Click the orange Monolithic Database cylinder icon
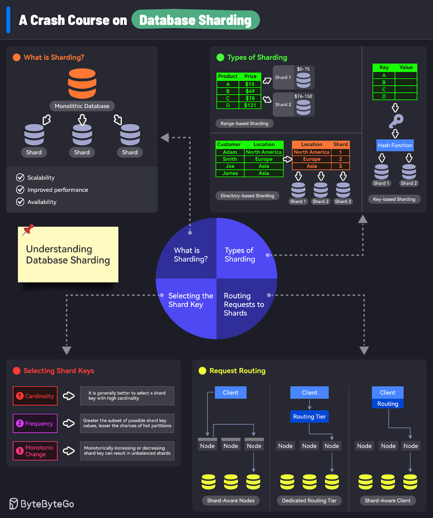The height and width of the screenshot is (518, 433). coord(82,84)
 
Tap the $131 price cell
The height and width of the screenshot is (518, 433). coord(250,105)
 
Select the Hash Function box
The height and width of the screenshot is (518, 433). coord(395,145)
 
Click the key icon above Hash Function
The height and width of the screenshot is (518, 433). coord(396,121)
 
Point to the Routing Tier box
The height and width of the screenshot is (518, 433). coord(309,417)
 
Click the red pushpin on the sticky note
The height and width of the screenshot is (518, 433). coord(28,230)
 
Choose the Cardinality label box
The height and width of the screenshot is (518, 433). coord(35,396)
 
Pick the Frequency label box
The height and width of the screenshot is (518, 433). coord(35,423)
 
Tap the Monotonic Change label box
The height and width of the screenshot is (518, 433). coord(35,451)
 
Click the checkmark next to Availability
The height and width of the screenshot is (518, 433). coord(20,202)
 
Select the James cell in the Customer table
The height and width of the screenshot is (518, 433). coord(230,173)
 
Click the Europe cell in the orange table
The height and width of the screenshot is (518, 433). coord(312,159)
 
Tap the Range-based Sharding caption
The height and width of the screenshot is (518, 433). coord(244,123)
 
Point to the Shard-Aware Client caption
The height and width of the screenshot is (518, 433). coord(387,501)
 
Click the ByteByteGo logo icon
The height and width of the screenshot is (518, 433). coord(13,504)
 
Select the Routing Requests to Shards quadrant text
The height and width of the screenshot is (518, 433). coord(244,304)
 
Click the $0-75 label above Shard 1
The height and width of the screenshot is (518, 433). coord(303,69)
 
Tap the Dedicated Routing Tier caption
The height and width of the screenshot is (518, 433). coord(309,501)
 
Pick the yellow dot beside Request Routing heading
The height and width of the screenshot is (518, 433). coord(202,371)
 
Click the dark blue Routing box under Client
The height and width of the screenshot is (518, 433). coord(387,404)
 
